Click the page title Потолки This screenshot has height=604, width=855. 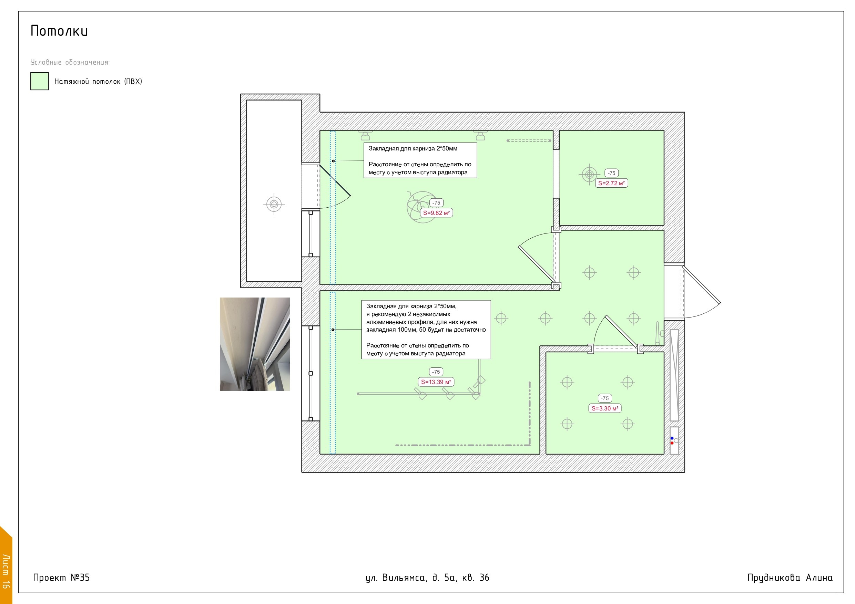pyautogui.click(x=59, y=31)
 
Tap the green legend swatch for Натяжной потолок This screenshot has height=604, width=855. pyautogui.click(x=40, y=81)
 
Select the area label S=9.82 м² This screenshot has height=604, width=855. pyautogui.click(x=436, y=213)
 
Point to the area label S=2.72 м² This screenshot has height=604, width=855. pyautogui.click(x=611, y=183)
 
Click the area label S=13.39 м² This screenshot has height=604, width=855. pyautogui.click(x=436, y=382)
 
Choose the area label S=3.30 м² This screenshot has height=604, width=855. pyautogui.click(x=605, y=408)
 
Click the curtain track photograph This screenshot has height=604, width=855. pyautogui.click(x=255, y=344)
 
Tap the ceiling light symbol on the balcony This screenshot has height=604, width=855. pyautogui.click(x=274, y=204)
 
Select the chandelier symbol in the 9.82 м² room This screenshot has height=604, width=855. pyautogui.click(x=422, y=207)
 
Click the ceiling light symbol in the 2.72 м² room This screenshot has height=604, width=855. pyautogui.click(x=589, y=174)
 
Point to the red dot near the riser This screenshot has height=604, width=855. pyautogui.click(x=672, y=443)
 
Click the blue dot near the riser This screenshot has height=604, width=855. pyautogui.click(x=672, y=438)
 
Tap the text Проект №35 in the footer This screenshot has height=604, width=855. pyautogui.click(x=61, y=577)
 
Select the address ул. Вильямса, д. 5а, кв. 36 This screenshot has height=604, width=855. pyautogui.click(x=427, y=577)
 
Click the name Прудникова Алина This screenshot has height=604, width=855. pyautogui.click(x=790, y=577)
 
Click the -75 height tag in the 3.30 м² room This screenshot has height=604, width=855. pyautogui.click(x=605, y=398)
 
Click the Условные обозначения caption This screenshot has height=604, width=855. pyautogui.click(x=70, y=62)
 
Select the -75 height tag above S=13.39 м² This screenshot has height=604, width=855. pyautogui.click(x=436, y=372)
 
